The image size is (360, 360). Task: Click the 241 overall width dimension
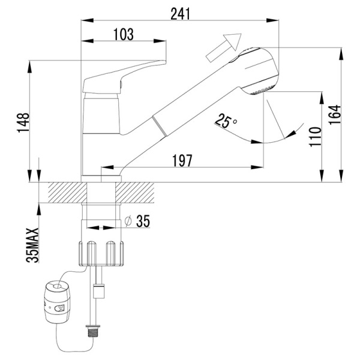181,14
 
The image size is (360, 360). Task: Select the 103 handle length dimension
124,34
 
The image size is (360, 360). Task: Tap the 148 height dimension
23,122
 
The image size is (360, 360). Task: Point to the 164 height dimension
335,115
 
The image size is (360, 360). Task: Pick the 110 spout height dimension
315,137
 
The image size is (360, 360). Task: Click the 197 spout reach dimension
182,161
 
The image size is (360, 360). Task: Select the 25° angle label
226,121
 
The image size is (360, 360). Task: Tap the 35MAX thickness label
32,245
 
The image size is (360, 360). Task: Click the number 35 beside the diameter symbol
143,221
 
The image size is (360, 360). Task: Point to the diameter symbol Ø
128,221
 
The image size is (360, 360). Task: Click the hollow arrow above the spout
224,47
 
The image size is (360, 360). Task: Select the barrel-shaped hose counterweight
57,302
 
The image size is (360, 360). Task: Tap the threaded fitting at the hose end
93,332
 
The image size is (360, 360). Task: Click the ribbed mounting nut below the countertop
101,254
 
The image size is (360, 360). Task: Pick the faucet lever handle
124,77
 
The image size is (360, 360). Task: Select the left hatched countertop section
67,193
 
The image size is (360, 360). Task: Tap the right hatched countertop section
135,193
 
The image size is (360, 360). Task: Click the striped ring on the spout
160,126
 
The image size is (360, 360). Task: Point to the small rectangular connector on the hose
99,291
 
